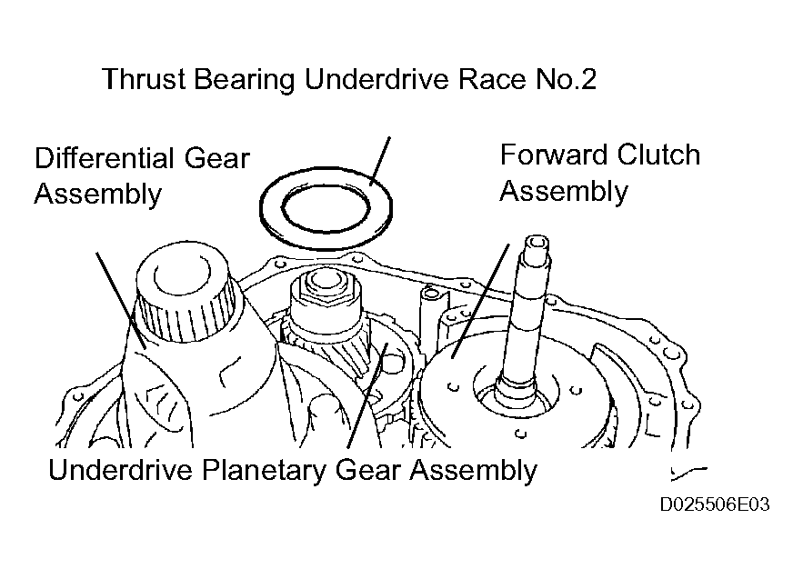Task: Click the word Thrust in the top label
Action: click(144, 79)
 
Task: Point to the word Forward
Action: click(554, 155)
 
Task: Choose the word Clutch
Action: click(658, 155)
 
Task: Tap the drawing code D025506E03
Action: click(715, 504)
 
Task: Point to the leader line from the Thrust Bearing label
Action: click(379, 161)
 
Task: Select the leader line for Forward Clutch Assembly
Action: click(480, 301)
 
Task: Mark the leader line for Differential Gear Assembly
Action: click(121, 301)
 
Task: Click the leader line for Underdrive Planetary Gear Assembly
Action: click(367, 395)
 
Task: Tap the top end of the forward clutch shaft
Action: click(537, 242)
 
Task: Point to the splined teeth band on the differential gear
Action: click(187, 317)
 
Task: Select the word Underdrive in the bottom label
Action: click(121, 469)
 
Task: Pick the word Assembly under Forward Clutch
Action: click(564, 193)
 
